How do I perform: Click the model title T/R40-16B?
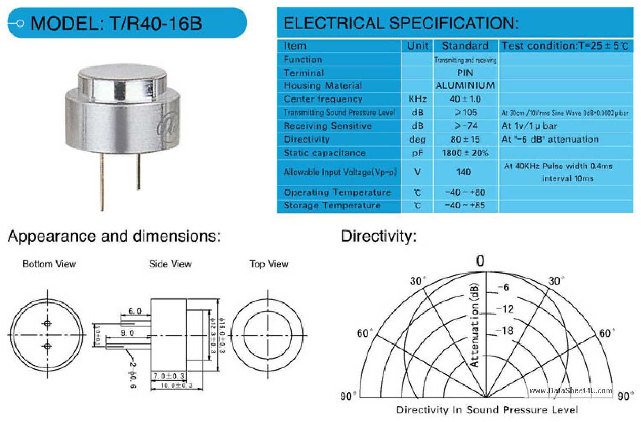coord(116,23)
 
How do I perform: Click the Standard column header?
coord(465,46)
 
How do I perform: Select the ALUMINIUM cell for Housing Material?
coord(465,86)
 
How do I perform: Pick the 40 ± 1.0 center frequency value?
coord(465,99)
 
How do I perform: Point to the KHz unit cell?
coord(417,99)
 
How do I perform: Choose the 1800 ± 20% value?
coord(465,153)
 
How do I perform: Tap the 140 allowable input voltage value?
coord(463,172)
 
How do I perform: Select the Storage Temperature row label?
coord(332,205)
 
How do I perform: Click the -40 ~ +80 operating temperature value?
coord(465,192)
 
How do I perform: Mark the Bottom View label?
coord(49,264)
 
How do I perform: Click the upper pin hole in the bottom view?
coord(48,324)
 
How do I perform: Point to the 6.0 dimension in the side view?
coord(135,311)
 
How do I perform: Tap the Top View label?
coord(269,264)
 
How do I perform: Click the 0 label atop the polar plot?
coord(480,261)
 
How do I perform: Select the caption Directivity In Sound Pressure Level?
coord(487,410)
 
